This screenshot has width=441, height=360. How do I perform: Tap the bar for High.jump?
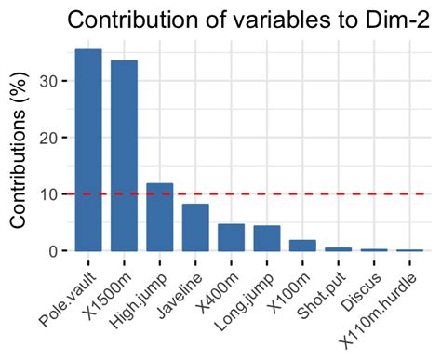point(159,218)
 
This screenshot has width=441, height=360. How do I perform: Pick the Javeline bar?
point(195,228)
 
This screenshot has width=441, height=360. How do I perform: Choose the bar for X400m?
point(231,238)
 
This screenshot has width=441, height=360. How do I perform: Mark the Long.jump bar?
point(267,239)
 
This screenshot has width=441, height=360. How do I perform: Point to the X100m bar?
point(302,246)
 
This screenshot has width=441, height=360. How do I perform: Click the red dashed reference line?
point(354,194)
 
